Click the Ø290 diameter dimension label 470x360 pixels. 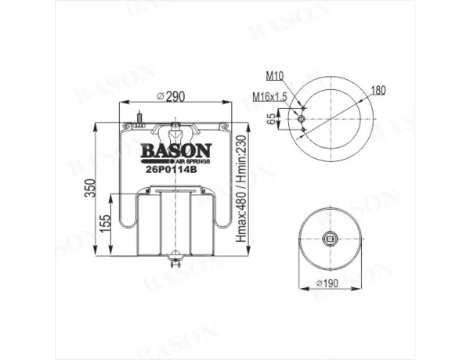click(x=171, y=96)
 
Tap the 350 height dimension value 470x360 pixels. click(x=90, y=188)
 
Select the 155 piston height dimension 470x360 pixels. click(x=105, y=224)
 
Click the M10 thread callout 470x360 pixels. click(x=275, y=77)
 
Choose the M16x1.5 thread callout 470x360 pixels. click(x=270, y=97)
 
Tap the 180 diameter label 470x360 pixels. click(x=378, y=90)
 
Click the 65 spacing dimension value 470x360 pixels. click(x=271, y=119)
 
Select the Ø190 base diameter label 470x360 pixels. click(x=327, y=283)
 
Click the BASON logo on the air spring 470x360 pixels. click(x=176, y=150)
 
